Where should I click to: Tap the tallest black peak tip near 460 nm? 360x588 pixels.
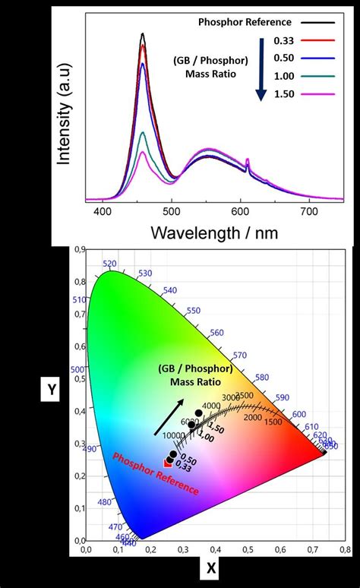[x=143, y=34]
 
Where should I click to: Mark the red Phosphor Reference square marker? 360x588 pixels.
[x=168, y=462]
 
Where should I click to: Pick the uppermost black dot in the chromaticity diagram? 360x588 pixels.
[x=198, y=413]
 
